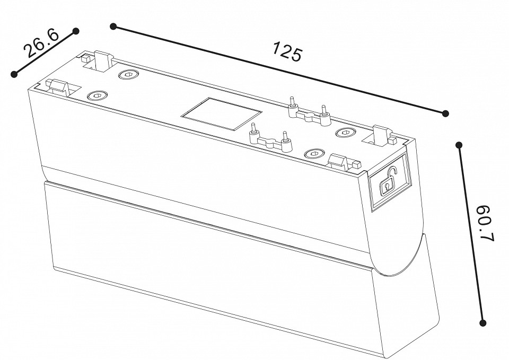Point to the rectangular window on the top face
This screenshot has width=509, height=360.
[221, 113]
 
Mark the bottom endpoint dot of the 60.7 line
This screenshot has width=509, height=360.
[483, 322]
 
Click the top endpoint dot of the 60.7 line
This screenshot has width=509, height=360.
[459, 144]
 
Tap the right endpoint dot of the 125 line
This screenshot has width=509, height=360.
[446, 113]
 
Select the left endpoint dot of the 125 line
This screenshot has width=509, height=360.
[112, 25]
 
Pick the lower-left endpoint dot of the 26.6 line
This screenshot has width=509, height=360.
[14, 74]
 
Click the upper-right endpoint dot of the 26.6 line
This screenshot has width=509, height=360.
[76, 31]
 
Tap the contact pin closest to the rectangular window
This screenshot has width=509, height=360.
[254, 129]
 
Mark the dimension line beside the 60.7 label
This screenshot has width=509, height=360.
[471, 233]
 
